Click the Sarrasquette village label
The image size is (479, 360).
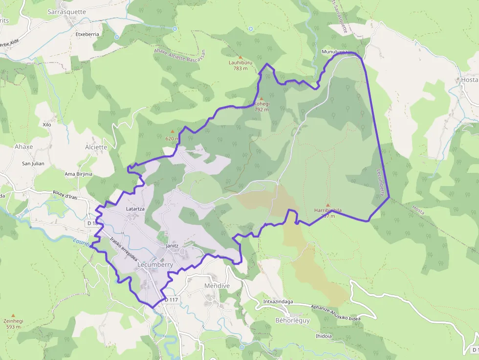click(x=67, y=11)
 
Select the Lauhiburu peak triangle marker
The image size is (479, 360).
click(x=240, y=57)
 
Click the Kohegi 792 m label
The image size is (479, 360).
click(x=261, y=106)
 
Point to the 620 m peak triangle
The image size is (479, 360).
click(x=172, y=131)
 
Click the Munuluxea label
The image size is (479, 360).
click(x=334, y=51)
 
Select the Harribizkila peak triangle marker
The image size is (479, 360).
click(x=327, y=205)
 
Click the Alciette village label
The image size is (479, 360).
click(x=96, y=147)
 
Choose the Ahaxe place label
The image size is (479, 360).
click(x=23, y=147)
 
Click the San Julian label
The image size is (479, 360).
click(x=33, y=164)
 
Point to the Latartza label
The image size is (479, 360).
click(x=135, y=209)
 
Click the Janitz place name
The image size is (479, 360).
click(x=172, y=245)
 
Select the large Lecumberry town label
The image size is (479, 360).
click(x=155, y=264)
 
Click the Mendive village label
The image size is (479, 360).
click(x=217, y=285)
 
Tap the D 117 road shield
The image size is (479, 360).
click(x=172, y=299)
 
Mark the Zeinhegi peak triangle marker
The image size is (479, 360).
click(x=13, y=316)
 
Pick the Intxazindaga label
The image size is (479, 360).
click(x=278, y=301)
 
